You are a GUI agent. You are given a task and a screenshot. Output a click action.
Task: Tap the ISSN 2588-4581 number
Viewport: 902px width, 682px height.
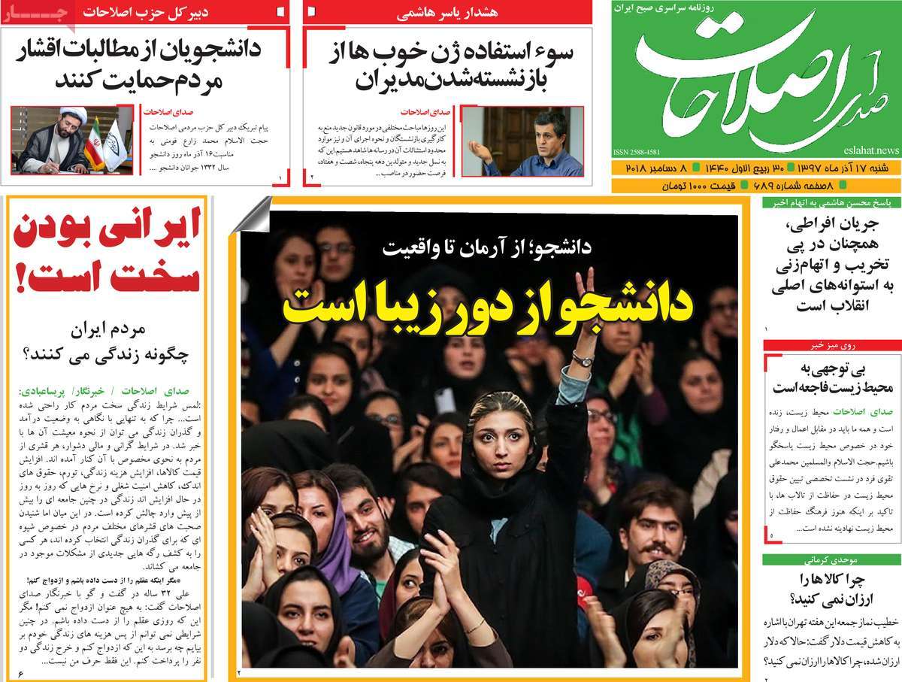point(637,150)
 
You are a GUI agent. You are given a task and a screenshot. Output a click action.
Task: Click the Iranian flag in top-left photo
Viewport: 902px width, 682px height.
point(94,143)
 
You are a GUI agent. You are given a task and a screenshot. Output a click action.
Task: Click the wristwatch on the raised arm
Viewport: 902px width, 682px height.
point(582,360)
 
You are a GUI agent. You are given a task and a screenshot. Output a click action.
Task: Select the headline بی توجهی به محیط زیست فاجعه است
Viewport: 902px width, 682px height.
point(833,378)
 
